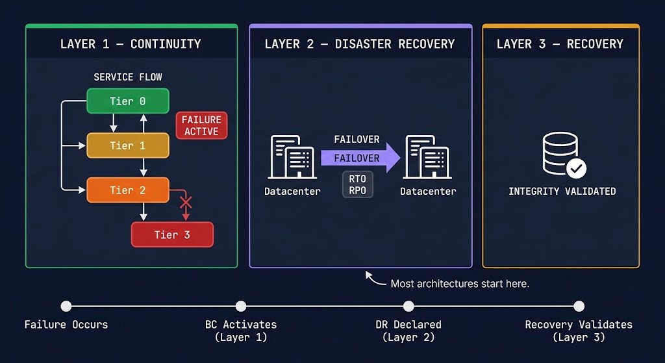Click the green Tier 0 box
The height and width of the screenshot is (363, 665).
tap(128, 101)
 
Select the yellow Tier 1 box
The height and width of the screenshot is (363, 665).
tap(128, 145)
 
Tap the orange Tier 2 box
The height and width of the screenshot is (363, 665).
tap(128, 190)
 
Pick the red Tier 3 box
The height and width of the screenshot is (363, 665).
tap(172, 234)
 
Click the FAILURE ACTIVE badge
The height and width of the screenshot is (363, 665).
tap(201, 125)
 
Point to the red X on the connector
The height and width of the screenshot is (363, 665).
tap(186, 203)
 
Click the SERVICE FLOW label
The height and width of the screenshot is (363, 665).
tap(128, 77)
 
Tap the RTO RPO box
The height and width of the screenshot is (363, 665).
tap(357, 184)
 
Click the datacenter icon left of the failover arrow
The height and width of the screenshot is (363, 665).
tap(292, 157)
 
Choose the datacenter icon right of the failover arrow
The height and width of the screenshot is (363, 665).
tap(428, 157)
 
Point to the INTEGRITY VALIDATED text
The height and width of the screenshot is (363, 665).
tap(562, 192)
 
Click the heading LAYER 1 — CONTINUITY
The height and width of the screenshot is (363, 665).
tap(131, 44)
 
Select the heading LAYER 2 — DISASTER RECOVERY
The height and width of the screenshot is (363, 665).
tap(360, 44)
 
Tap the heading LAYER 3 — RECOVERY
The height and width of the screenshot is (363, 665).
tap(560, 44)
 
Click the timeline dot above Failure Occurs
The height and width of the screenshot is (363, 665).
tap(66, 306)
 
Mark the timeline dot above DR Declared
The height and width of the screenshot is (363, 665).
tap(408, 306)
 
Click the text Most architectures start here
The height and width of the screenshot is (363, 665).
tap(460, 284)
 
